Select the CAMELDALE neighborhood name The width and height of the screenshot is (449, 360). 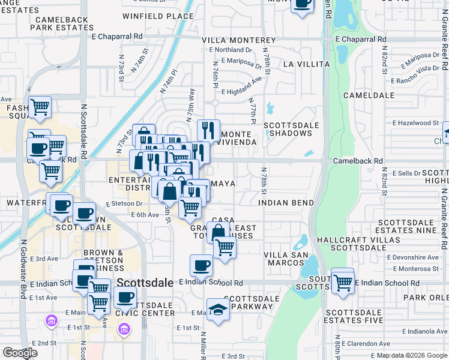click(369, 95)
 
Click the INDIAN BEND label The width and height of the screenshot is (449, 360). click(286, 203)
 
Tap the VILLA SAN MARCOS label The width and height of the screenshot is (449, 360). click(286, 259)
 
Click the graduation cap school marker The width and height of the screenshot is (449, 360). click(217, 310)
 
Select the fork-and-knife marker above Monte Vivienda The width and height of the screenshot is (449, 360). click(208, 130)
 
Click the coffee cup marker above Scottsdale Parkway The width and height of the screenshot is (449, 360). click(202, 265)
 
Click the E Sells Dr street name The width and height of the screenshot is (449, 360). click(407, 173)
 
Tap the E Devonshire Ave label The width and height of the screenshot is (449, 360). click(415, 257)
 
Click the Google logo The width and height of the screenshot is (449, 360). click(20, 353)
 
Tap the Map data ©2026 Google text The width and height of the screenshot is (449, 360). click(411, 355)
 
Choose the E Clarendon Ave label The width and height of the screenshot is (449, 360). click(415, 347)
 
